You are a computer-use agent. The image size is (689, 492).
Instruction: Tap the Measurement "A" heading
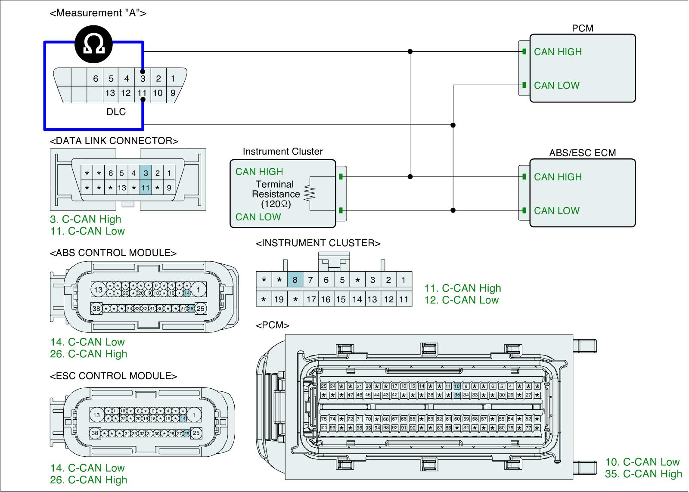98,13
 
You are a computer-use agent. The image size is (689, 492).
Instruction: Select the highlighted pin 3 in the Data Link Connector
146,173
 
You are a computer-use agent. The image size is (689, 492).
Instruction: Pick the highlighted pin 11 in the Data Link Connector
146,188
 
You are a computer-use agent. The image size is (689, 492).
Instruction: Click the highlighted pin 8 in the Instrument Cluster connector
295,280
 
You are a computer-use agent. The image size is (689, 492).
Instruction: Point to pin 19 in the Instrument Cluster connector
279,299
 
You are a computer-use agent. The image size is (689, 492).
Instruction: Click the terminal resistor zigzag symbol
310,193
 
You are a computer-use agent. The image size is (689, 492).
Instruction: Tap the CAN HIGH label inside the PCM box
558,52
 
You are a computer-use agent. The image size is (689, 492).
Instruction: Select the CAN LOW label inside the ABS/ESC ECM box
557,211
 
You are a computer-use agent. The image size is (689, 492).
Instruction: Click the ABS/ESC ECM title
582,153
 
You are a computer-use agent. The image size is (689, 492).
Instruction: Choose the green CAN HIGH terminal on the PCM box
524,52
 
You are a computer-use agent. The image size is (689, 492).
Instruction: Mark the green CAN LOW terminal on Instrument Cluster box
341,210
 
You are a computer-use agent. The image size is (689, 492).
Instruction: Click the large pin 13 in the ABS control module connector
99,290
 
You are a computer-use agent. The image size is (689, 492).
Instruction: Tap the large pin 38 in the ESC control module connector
96,433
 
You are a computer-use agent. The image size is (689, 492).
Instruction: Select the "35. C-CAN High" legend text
644,474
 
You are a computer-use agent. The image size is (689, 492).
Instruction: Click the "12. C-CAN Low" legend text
462,300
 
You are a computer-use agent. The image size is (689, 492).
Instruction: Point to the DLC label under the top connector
116,112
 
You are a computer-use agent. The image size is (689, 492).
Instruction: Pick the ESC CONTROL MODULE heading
114,376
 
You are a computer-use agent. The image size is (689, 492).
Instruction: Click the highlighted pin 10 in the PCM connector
457,386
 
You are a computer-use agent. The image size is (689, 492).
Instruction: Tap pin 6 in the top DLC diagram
96,79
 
